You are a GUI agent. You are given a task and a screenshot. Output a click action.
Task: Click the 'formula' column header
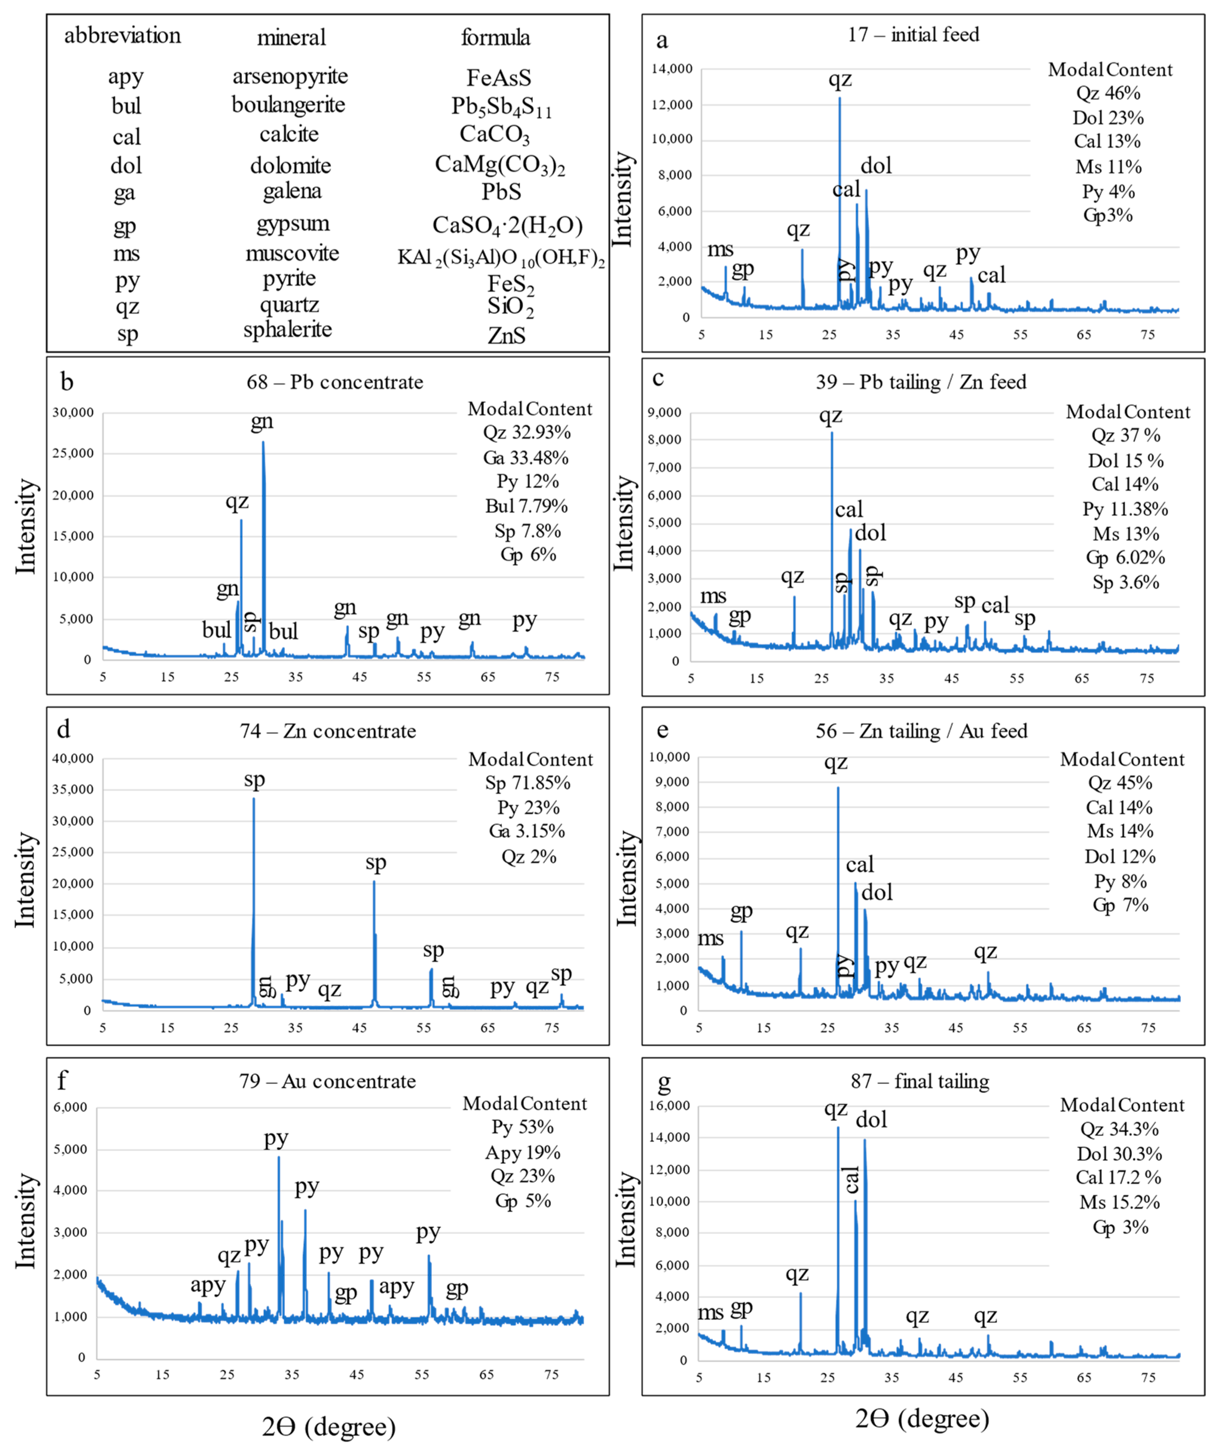(x=495, y=37)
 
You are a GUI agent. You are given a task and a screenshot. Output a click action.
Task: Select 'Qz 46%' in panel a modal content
(x=1107, y=93)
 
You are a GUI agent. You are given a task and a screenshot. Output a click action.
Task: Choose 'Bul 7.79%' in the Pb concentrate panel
(x=526, y=506)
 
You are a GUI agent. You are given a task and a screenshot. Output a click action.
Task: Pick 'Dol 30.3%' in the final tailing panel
(x=1119, y=1154)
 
